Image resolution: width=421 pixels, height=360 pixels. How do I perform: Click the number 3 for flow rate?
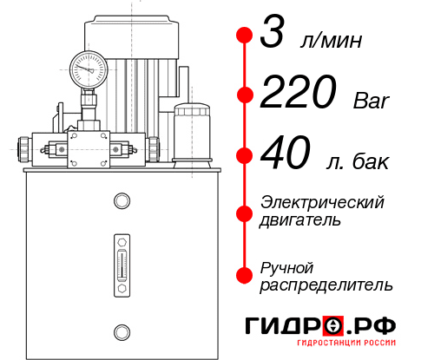[277, 36]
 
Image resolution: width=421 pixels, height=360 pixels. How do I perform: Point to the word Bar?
[372, 101]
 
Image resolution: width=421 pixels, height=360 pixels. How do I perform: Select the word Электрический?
[322, 202]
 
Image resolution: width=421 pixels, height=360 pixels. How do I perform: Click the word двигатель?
[300, 220]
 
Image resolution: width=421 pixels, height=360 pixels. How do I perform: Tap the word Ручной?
[286, 266]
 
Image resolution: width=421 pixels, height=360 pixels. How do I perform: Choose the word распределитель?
[326, 285]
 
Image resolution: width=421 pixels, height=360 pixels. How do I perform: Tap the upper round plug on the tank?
[122, 201]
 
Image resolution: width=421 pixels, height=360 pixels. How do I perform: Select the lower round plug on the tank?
[122, 331]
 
